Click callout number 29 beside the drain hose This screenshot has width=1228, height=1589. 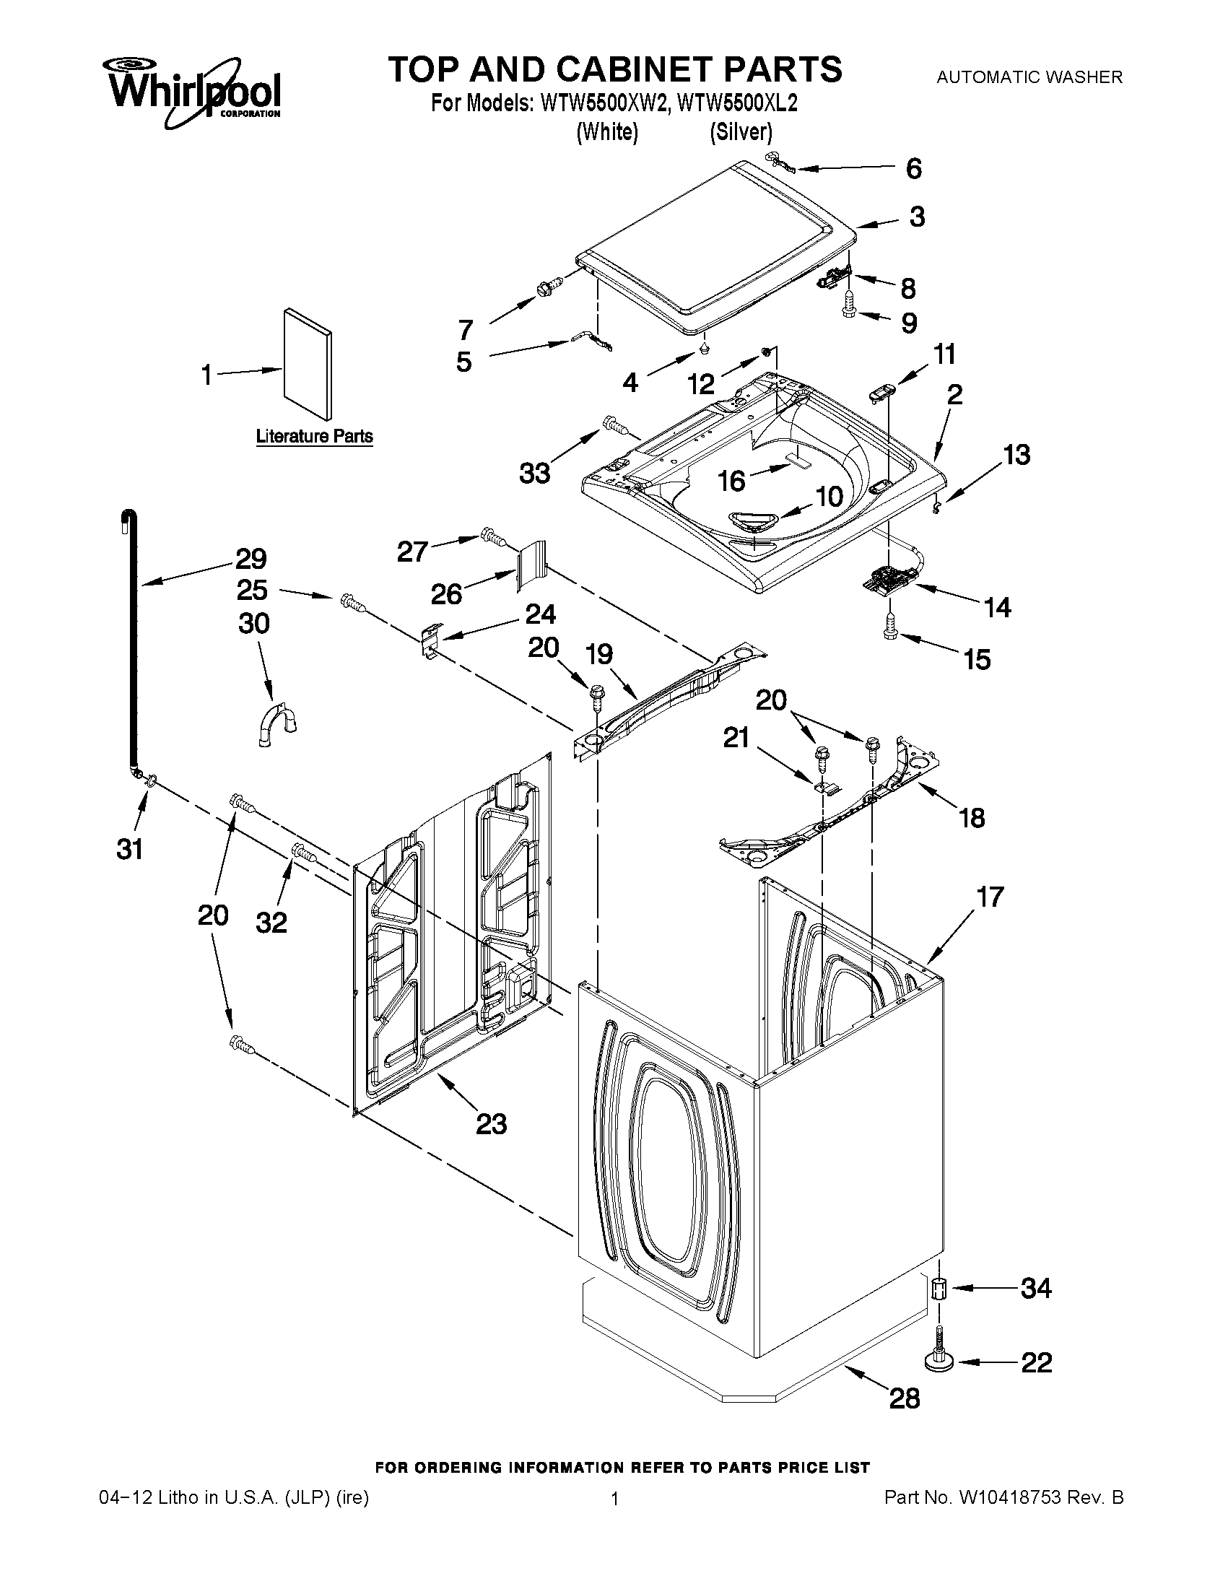[x=251, y=559]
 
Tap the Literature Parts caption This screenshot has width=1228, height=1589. [x=314, y=437]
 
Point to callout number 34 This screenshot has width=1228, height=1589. [x=1035, y=1289]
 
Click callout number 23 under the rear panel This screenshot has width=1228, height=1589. [x=491, y=1125]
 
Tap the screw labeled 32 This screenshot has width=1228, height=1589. [x=303, y=852]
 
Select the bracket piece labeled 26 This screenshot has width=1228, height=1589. [x=531, y=564]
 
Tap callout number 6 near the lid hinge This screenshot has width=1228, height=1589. [x=914, y=169]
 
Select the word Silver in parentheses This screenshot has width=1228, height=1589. [x=741, y=132]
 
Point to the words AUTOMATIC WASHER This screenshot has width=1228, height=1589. [x=1029, y=77]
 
